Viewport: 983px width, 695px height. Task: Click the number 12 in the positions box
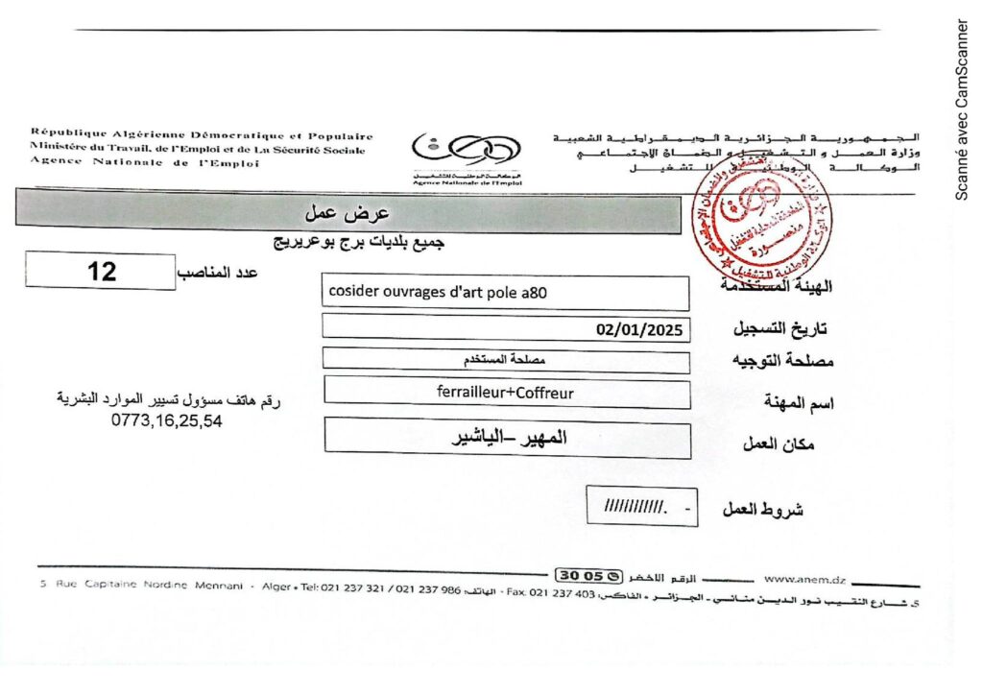point(102,272)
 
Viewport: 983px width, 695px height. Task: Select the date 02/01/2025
point(639,330)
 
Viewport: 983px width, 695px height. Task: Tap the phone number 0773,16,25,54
point(166,419)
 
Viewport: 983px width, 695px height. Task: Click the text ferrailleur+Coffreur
point(505,392)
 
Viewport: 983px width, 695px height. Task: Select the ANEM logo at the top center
point(467,154)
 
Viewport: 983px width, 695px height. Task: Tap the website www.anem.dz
point(804,579)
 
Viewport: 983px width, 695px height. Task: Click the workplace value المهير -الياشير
point(510,439)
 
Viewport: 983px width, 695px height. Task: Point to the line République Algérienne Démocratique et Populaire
point(202,136)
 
